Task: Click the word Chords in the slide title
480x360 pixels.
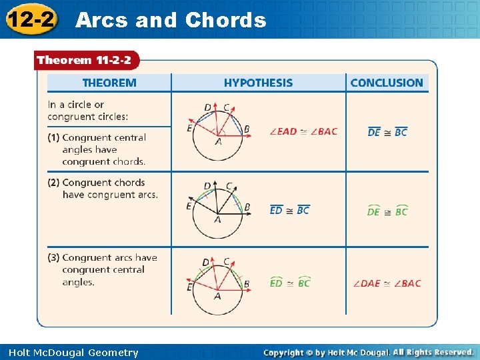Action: (225, 20)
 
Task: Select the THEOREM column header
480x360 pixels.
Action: (109, 83)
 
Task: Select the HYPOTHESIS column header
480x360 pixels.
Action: (258, 83)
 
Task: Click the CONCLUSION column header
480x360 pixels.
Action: (387, 83)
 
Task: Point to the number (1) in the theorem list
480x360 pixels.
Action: (53, 137)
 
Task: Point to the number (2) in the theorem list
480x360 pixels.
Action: (53, 183)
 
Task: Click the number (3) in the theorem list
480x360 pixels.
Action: (53, 258)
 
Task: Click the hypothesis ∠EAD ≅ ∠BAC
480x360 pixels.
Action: (303, 131)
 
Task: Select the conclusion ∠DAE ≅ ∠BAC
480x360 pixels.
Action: (387, 283)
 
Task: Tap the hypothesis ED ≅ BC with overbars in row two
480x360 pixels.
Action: (289, 210)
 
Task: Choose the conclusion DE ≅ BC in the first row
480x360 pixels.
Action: (387, 132)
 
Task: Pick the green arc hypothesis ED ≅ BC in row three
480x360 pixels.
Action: (289, 283)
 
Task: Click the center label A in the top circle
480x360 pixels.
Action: (218, 142)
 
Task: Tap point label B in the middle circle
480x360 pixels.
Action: (247, 207)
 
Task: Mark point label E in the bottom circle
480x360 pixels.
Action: (189, 287)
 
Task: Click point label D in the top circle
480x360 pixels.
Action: (207, 107)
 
